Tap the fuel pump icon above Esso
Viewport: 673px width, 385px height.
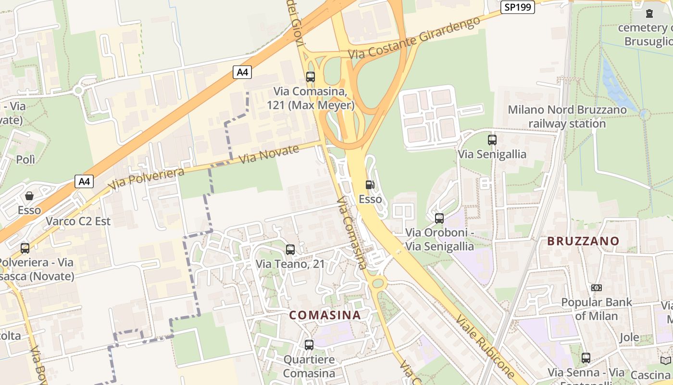tap(370, 185)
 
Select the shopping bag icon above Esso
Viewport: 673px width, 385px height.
tap(29, 196)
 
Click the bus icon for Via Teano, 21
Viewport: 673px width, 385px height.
tap(290, 250)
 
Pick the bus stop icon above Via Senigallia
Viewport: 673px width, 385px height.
tap(492, 140)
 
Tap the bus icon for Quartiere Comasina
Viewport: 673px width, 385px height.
tap(309, 345)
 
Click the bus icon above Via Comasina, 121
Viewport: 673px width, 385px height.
tap(310, 77)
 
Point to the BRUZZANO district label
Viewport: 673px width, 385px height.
tap(583, 241)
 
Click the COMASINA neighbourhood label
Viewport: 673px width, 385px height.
tap(324, 315)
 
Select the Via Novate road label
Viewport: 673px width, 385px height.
tap(269, 154)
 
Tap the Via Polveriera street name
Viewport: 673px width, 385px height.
tap(146, 179)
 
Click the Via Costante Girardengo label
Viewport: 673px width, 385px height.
tap(414, 37)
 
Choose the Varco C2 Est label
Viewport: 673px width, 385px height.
tap(78, 221)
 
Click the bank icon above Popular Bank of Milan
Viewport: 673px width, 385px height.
tap(596, 288)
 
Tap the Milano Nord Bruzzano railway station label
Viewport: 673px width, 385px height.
tap(567, 116)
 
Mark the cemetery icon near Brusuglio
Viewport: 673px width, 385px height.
tap(649, 13)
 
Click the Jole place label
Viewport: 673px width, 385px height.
tap(629, 337)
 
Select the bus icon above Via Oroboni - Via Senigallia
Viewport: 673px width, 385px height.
tap(439, 218)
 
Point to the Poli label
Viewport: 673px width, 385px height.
tap(25, 159)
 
